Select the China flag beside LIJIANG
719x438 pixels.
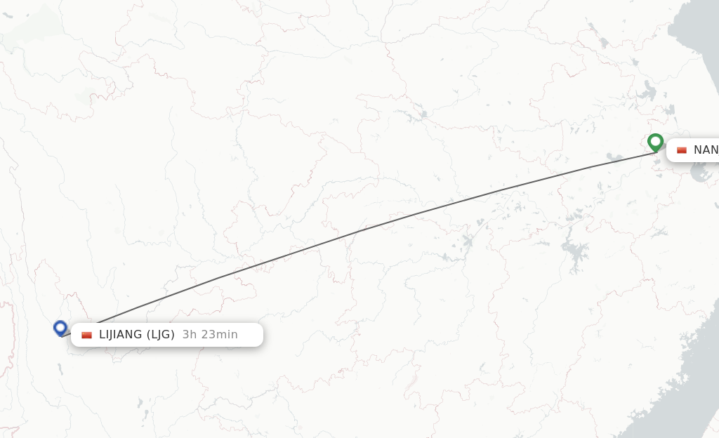[86, 335]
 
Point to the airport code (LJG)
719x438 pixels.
[160, 335]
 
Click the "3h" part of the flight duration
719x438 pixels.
[189, 335]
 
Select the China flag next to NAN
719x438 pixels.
[682, 150]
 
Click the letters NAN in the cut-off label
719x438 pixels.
[706, 150]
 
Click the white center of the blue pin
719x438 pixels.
[60, 326]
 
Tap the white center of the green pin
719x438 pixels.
[655, 140]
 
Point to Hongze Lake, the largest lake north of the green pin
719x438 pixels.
[647, 93]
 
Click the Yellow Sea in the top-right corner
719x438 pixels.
[702, 42]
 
